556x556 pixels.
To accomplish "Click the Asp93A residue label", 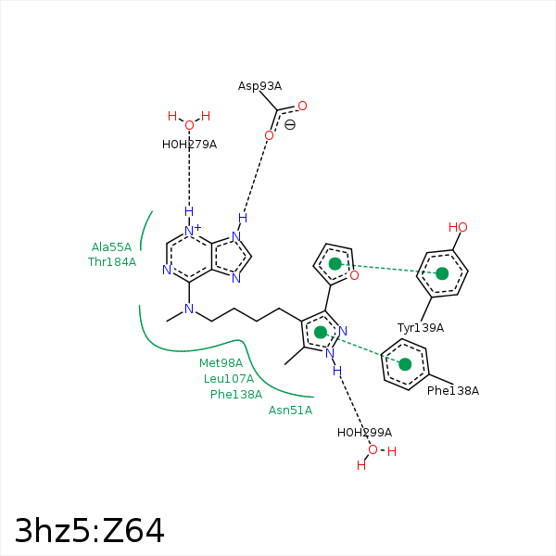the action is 259,86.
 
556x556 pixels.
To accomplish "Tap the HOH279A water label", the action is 189,145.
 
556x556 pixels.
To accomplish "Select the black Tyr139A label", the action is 420,328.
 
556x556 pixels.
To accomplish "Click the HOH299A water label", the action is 364,433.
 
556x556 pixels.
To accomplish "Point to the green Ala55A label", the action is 111,246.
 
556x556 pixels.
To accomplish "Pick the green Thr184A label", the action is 112,262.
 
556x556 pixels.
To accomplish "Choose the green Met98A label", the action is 221,362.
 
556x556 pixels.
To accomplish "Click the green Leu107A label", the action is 229,379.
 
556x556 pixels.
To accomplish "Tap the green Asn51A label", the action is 290,411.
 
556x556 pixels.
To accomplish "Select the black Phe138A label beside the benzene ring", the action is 453,391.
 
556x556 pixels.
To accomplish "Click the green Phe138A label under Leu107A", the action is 236,395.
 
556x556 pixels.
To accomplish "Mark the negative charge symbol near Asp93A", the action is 290,125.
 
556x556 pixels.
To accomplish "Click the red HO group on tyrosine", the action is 458,227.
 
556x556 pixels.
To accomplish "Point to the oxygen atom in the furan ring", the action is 354,275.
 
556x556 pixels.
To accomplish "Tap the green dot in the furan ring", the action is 335,264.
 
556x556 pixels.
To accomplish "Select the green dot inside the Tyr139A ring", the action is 442,273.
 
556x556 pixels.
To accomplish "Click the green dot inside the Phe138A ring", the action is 405,364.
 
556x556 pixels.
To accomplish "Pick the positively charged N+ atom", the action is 192,231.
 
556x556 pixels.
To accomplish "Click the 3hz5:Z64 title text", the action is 89,530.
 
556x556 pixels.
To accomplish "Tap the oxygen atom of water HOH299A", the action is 373,449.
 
